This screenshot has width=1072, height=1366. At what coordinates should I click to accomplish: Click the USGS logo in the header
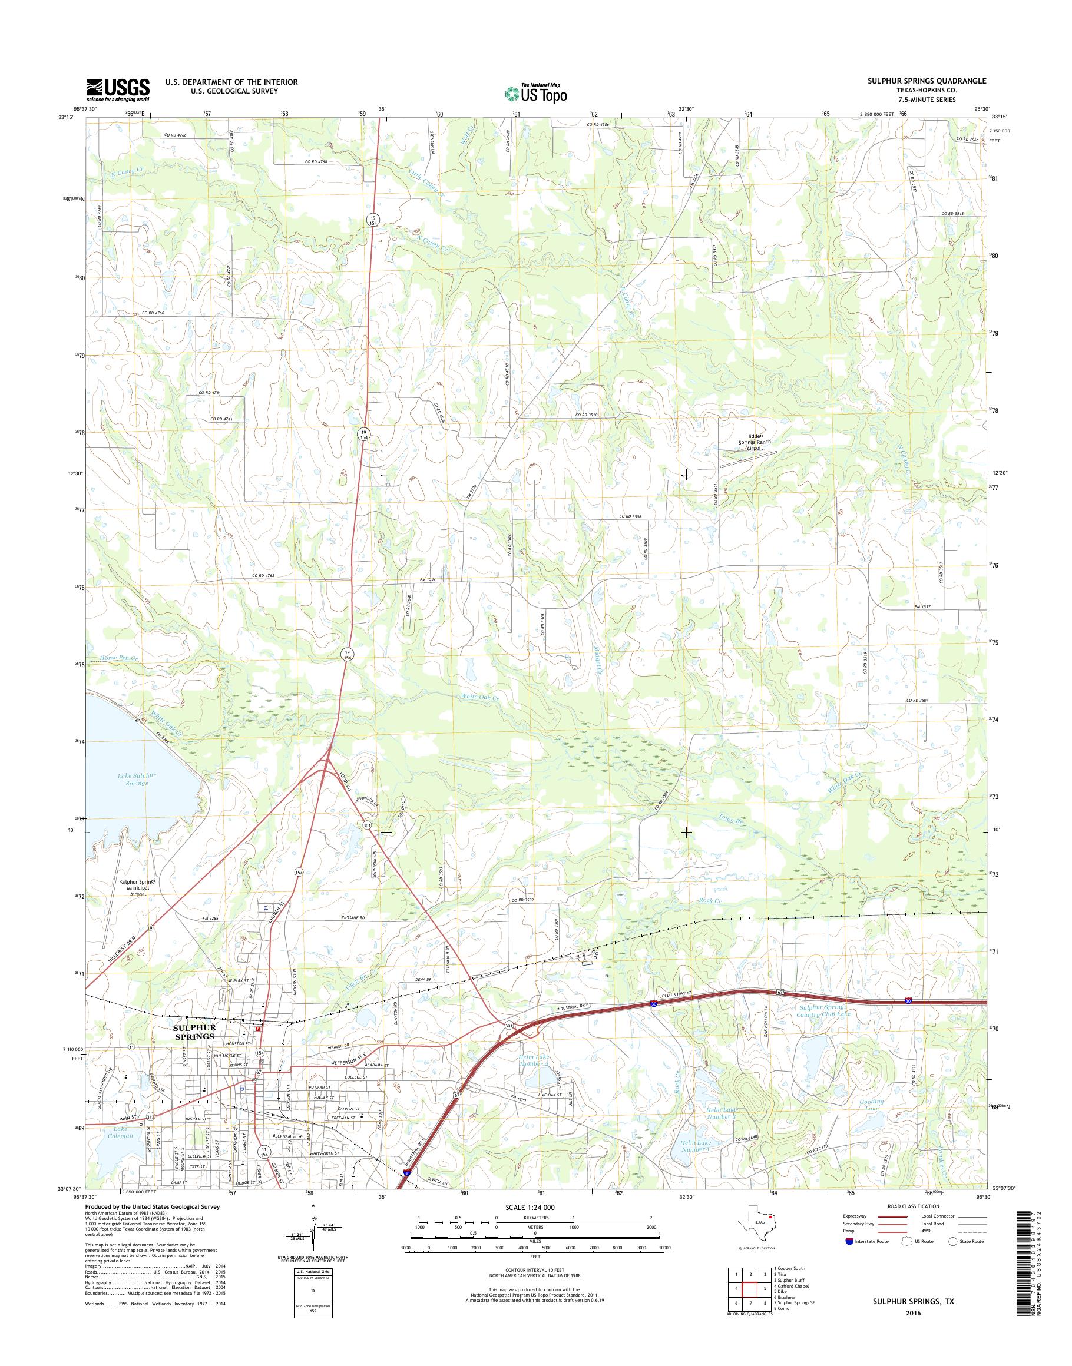point(117,89)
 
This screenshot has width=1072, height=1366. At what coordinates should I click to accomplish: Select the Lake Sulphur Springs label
point(136,780)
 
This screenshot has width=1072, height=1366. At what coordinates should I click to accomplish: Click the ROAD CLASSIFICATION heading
point(913,1206)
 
